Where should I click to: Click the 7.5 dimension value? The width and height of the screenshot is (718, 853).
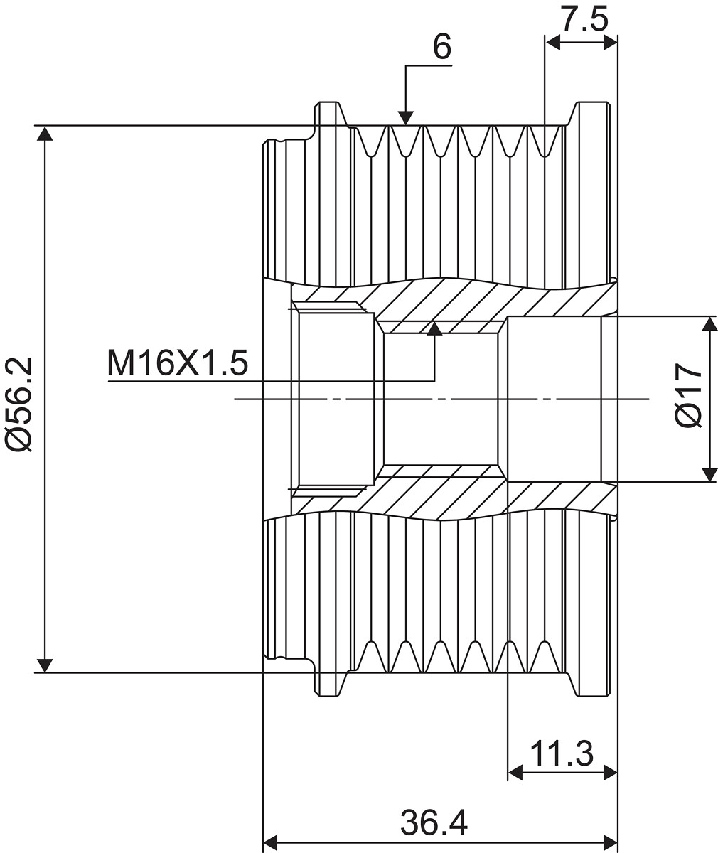[x=585, y=18]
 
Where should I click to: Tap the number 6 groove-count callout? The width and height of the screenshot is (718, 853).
[x=442, y=46]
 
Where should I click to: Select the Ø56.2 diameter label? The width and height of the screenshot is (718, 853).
[x=18, y=404]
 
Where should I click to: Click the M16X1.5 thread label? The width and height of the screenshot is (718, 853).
[x=178, y=363]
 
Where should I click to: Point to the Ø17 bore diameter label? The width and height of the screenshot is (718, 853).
[x=689, y=395]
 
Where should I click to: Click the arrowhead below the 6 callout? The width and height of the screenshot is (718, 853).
[x=405, y=118]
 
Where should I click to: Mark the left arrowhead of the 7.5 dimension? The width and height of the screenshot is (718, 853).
[x=553, y=43]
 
